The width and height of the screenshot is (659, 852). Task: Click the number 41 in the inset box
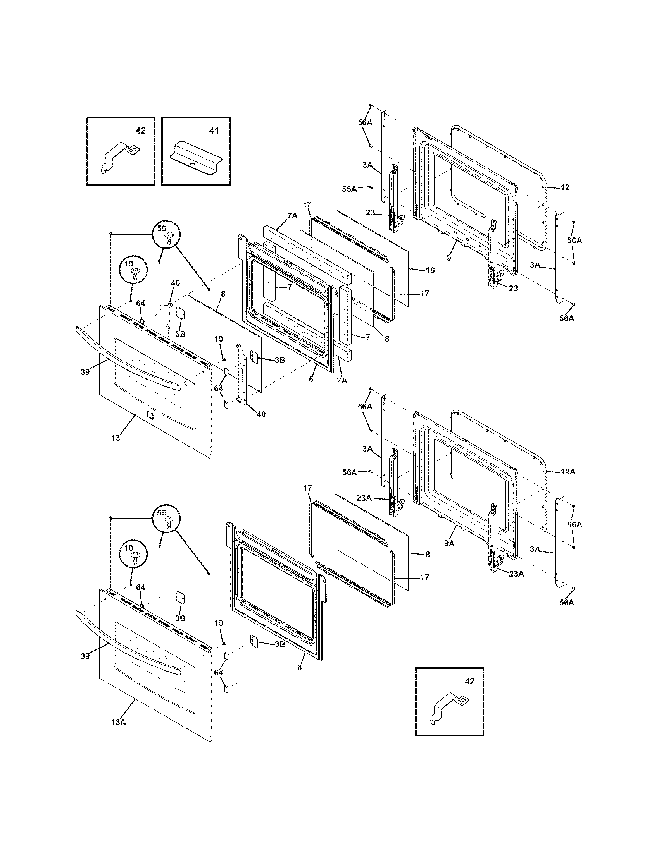(214, 131)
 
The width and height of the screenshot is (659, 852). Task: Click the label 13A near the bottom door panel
(118, 722)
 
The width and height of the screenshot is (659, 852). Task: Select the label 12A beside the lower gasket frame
(568, 472)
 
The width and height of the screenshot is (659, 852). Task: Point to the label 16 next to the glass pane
(430, 270)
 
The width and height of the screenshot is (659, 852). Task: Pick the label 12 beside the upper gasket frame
(565, 187)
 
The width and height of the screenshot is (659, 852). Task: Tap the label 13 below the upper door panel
(115, 438)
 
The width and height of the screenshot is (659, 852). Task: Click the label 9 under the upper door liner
(449, 258)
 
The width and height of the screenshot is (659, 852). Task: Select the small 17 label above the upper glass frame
(307, 204)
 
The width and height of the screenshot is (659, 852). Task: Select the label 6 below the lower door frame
(299, 668)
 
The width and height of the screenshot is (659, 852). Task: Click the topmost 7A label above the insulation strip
(292, 216)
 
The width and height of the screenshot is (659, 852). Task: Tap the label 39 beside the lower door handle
(85, 656)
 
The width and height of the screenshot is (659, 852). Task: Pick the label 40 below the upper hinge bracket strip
(261, 414)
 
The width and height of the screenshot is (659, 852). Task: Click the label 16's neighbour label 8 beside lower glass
(428, 554)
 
